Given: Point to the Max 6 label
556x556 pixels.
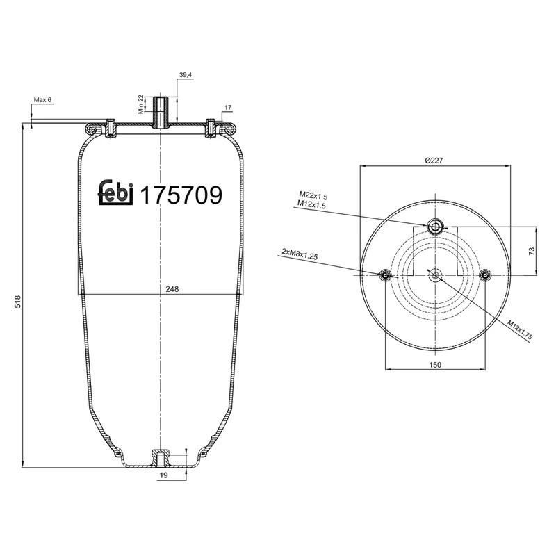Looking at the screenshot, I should [42, 100].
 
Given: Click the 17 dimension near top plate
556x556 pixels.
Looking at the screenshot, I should [227, 107].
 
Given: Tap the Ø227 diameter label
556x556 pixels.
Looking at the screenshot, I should [434, 161].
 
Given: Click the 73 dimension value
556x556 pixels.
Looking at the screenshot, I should [532, 251].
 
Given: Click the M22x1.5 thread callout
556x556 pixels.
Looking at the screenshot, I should [313, 196].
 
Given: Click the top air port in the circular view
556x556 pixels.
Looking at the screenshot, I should [435, 227].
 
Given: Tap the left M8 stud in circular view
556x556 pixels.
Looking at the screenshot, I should [384, 276].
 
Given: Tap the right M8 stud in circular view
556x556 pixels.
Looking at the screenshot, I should [486, 276].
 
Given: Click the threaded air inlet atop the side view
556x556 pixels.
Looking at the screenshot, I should [161, 111].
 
